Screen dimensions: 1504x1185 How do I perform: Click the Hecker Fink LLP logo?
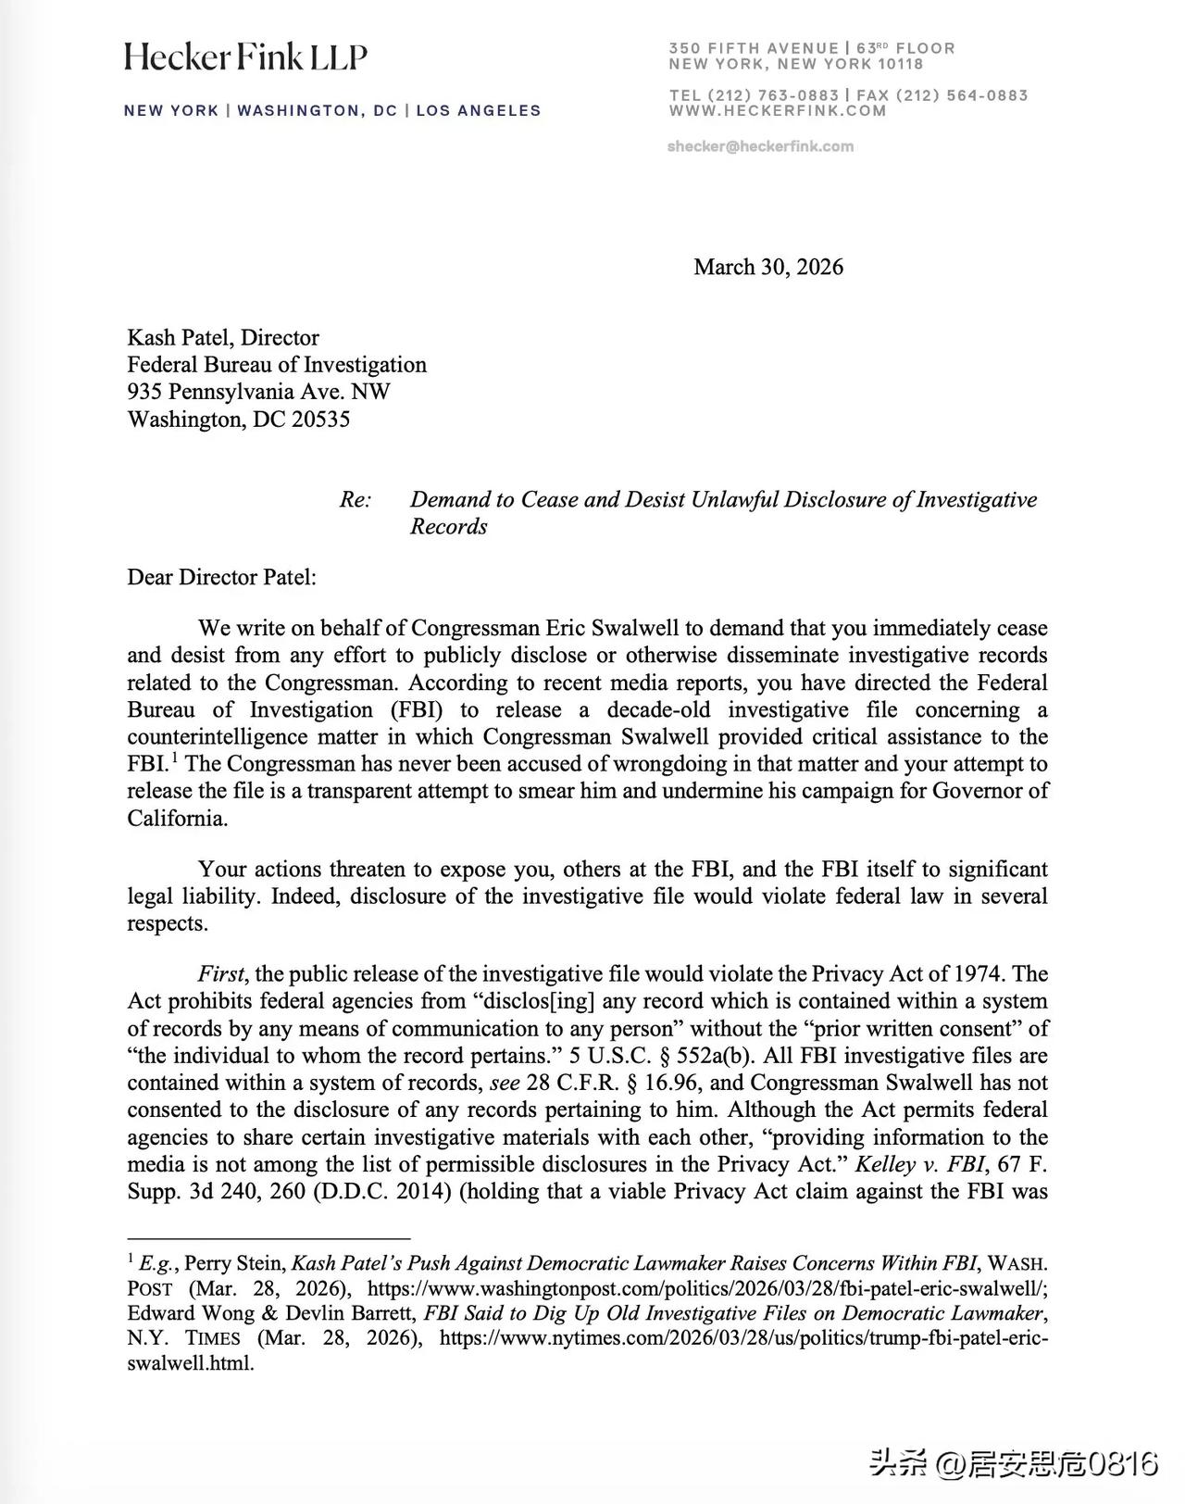tap(245, 57)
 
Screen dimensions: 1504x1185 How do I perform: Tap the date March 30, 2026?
tap(768, 267)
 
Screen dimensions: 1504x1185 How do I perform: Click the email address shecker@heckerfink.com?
tap(760, 146)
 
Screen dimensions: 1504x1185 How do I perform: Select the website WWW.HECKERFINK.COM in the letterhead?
tap(778, 110)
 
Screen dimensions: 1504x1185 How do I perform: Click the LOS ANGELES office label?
tap(479, 110)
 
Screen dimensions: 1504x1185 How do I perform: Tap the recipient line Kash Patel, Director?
tap(223, 337)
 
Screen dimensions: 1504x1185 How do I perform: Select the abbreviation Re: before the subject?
tap(355, 499)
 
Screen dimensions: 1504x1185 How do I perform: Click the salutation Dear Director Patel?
tap(222, 577)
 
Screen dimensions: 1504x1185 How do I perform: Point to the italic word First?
tap(221, 973)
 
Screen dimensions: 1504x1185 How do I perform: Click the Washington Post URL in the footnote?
tap(707, 1288)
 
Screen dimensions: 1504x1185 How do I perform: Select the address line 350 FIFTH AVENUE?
tap(754, 48)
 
